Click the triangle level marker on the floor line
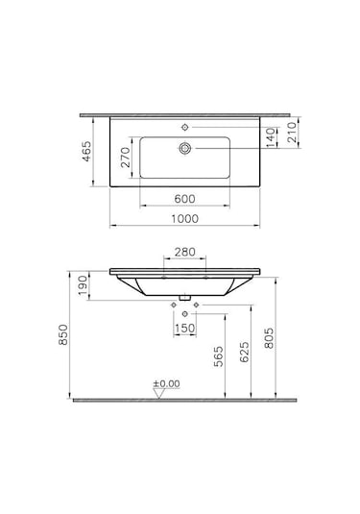(x=156, y=392)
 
